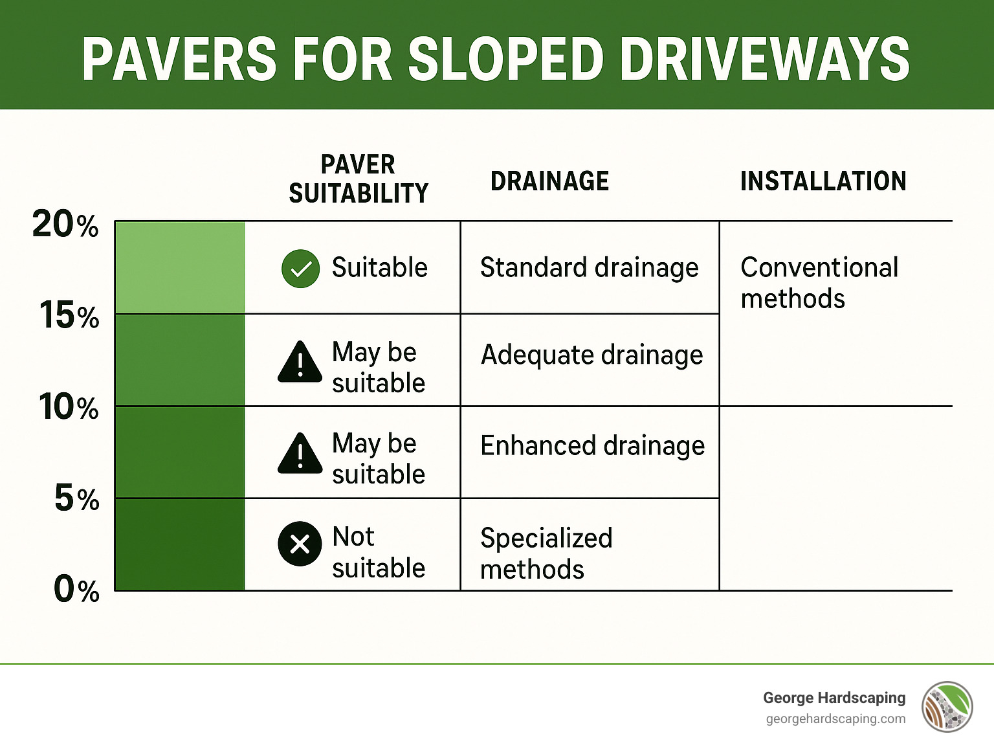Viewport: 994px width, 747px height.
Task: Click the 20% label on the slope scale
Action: [65, 225]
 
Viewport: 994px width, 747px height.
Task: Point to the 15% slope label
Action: [69, 316]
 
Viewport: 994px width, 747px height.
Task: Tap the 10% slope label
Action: [69, 407]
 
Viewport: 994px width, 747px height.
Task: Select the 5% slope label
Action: [77, 498]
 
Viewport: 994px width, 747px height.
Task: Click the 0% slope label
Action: [76, 590]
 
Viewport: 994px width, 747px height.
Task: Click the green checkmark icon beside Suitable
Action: [301, 269]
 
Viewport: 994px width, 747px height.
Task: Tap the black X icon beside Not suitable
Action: [300, 544]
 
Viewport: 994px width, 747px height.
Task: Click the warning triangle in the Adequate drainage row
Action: [300, 362]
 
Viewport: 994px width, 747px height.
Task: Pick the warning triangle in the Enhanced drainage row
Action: [300, 453]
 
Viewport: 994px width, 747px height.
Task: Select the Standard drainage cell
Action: [589, 268]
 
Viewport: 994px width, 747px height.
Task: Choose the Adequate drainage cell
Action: [591, 355]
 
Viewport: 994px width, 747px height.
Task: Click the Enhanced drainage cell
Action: [592, 446]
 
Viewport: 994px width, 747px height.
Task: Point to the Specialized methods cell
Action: [546, 554]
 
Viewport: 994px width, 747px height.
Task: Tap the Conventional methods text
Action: [819, 283]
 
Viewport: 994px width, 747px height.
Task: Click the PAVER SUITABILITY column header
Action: [359, 179]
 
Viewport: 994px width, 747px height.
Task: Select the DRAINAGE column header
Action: [549, 181]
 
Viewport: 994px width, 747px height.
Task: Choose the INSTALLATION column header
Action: [823, 181]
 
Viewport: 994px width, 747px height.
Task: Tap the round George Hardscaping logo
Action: [947, 707]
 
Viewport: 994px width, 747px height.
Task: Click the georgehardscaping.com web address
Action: [835, 719]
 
